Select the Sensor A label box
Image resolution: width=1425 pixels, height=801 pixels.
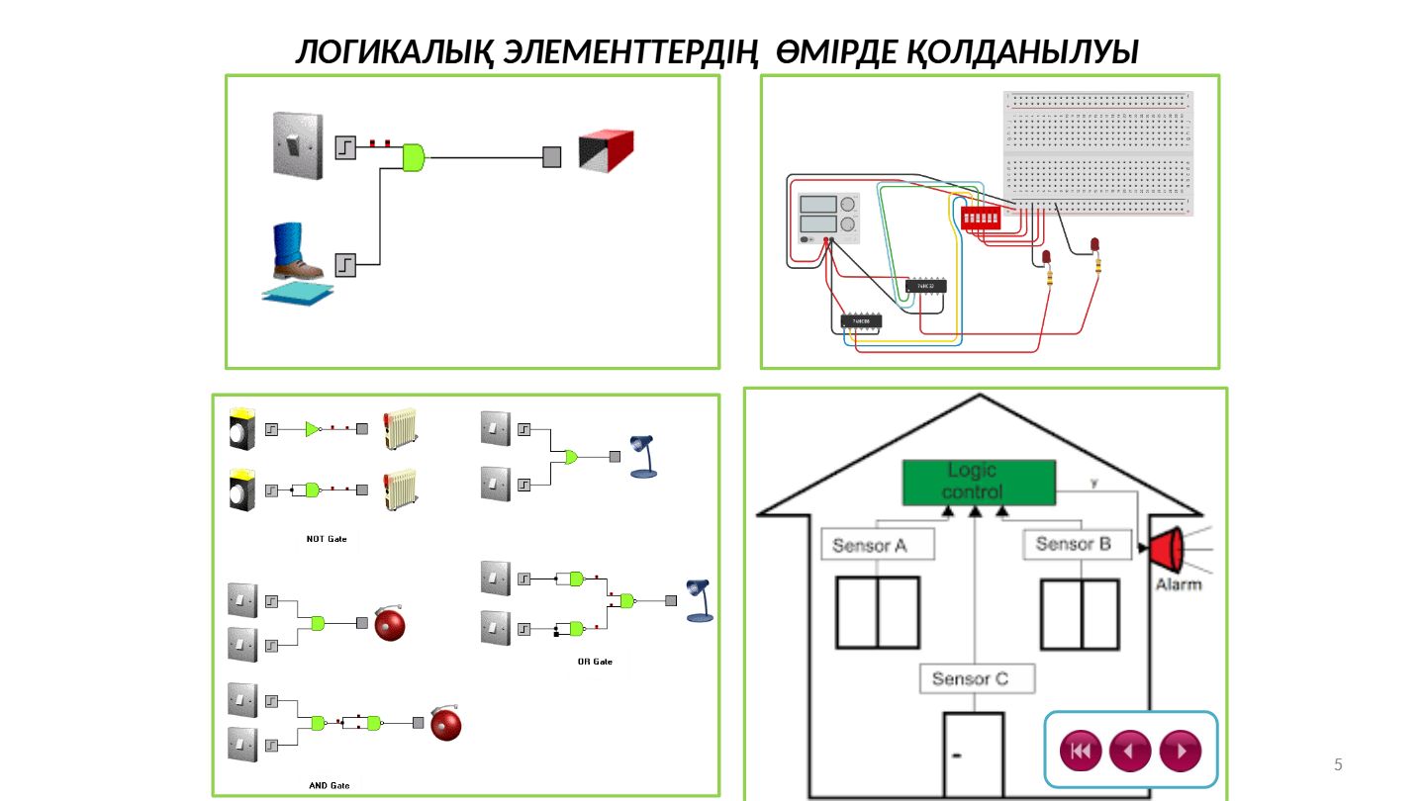878,545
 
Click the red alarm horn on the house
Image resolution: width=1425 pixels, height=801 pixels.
1169,549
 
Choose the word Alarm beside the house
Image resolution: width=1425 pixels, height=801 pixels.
1179,584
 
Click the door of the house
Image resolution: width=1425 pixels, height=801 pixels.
974,754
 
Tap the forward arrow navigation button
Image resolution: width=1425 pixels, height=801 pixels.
1180,752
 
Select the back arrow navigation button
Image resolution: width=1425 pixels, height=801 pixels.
1130,752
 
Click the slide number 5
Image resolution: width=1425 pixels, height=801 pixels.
1338,764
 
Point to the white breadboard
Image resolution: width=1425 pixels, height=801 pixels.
1098,152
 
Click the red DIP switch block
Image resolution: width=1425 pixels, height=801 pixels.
980,216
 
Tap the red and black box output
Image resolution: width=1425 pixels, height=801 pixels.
606,151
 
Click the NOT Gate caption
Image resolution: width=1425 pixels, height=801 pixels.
326,539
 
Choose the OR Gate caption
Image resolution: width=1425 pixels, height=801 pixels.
595,662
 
